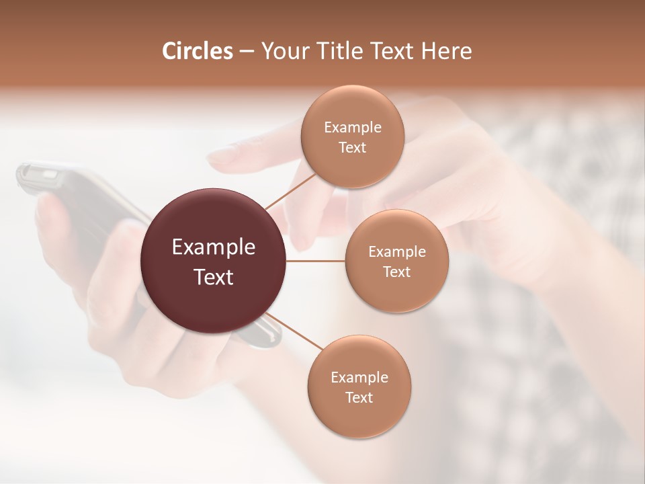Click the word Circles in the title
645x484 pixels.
[197, 51]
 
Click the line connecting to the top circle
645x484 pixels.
[290, 191]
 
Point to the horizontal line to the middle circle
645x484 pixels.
[316, 261]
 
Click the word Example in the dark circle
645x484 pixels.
[214, 247]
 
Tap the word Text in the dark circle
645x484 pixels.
[214, 277]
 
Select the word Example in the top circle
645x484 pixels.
[352, 128]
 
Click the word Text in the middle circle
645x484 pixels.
[396, 272]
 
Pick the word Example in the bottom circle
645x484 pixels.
[359, 377]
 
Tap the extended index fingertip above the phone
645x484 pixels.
[222, 159]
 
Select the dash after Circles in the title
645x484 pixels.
[246, 51]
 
